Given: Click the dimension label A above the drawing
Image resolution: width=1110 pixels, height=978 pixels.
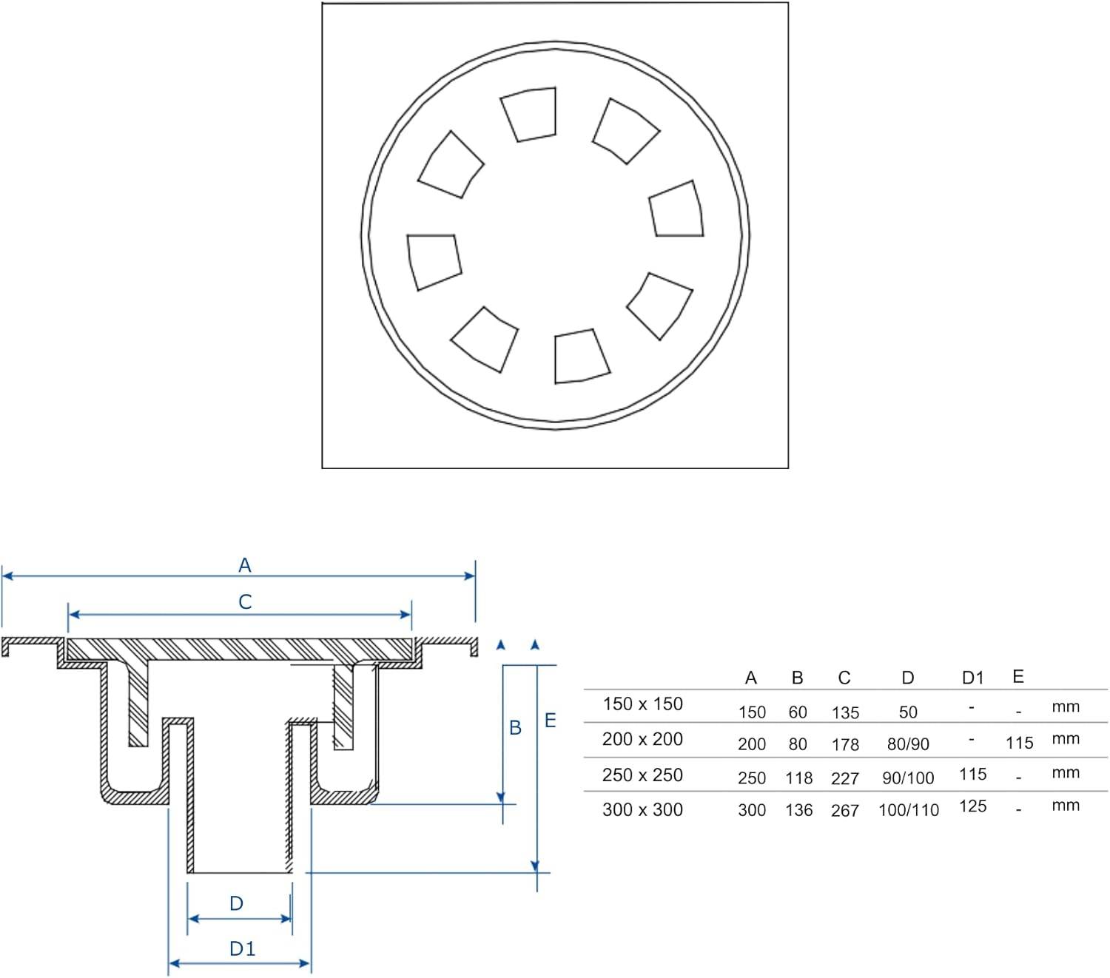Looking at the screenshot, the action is coord(244,565).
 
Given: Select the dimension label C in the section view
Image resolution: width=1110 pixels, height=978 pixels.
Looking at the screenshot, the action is coord(245,602).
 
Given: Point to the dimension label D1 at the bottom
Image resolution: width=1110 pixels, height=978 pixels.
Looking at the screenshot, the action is coord(242,948).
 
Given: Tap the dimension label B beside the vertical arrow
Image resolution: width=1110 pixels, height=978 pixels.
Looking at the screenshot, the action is coord(515,728).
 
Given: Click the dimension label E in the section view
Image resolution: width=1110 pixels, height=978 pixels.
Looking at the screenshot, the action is coord(550,721).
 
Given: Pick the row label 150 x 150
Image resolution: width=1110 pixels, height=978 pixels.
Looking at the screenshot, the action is coord(642,704).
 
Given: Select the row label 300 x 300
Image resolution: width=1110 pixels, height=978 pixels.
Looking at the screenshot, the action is coord(642,810).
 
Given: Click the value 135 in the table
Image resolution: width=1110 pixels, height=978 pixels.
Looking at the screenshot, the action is coord(845,713).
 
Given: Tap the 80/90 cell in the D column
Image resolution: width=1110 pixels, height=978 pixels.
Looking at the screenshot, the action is coord(908,744).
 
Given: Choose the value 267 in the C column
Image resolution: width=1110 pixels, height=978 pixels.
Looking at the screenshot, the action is coord(845,811).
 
